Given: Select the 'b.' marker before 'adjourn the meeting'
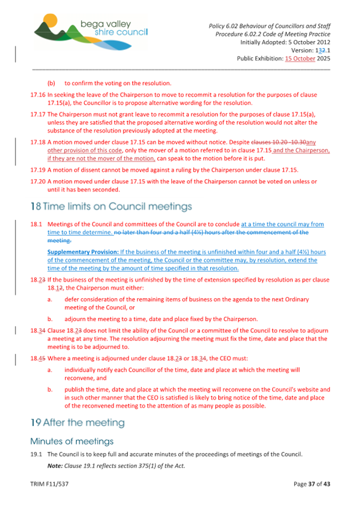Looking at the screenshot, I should (50, 319).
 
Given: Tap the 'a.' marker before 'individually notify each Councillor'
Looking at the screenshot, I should (50, 369).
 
